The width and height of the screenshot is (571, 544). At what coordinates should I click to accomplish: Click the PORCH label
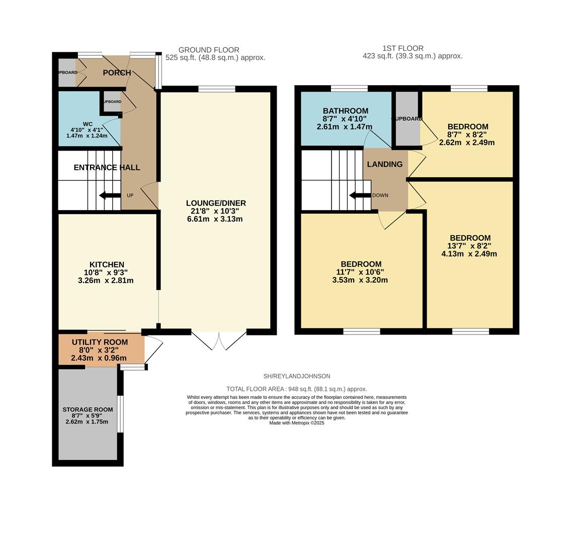[x=117, y=73]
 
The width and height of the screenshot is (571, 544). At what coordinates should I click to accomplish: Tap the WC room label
[x=88, y=124]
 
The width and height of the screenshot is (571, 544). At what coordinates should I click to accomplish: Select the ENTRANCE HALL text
[x=107, y=167]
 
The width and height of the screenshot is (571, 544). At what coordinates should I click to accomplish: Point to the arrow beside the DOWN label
[x=360, y=195]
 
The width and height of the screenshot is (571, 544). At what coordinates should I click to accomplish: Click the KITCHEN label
[x=107, y=264]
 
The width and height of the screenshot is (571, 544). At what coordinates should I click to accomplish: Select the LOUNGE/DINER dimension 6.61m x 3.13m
[x=216, y=219]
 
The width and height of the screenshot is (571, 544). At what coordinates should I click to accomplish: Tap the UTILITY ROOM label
[x=100, y=342]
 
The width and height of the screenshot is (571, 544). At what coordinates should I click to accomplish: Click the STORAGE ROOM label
[x=87, y=410]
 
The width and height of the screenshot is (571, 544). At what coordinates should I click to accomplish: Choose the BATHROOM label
[x=345, y=111]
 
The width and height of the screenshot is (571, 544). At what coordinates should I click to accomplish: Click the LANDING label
[x=384, y=164]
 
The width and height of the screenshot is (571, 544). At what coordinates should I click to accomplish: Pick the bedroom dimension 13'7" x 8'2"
[x=469, y=246]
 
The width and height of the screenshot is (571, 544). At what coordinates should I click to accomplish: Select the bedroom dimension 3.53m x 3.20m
[x=360, y=280]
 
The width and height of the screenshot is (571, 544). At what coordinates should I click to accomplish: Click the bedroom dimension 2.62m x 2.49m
[x=466, y=143]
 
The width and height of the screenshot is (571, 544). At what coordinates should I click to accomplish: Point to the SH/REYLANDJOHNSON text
[x=297, y=376]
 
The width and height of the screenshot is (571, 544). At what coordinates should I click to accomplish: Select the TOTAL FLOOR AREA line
[x=297, y=389]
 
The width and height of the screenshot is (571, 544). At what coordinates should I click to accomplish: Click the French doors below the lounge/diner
[x=219, y=341]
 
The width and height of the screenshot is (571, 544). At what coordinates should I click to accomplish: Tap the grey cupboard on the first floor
[x=407, y=119]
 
